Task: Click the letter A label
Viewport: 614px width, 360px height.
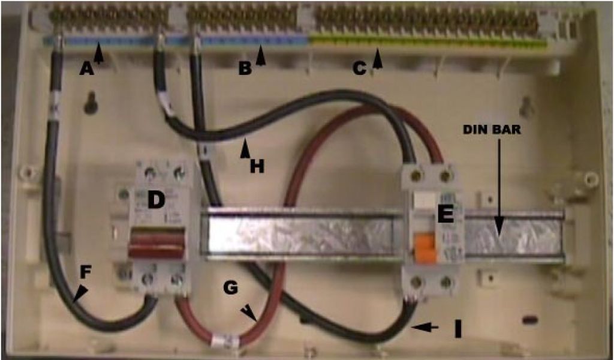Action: [x=87, y=70]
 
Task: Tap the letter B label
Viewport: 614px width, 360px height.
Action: [x=244, y=69]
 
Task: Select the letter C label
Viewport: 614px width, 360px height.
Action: [x=359, y=69]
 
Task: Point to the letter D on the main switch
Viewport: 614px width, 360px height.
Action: [x=156, y=200]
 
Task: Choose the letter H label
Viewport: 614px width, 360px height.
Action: [x=257, y=167]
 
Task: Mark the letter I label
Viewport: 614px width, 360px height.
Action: [x=458, y=328]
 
